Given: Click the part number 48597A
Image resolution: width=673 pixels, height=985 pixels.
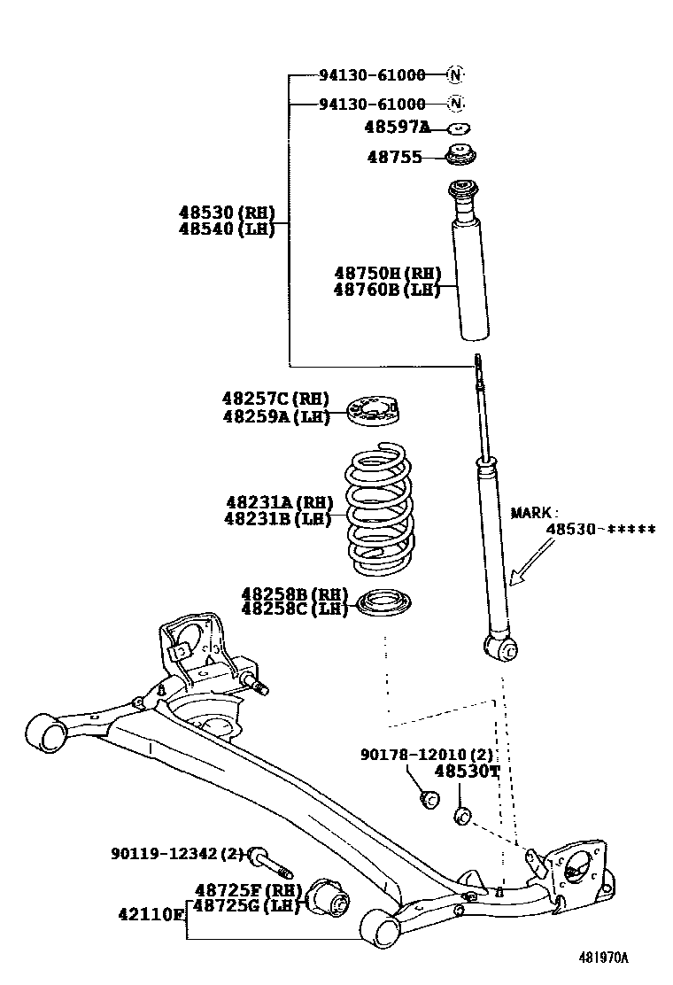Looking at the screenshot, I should pyautogui.click(x=396, y=128).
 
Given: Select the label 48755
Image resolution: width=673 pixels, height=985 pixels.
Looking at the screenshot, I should pyautogui.click(x=394, y=159).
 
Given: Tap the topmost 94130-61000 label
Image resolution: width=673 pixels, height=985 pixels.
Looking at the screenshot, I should pyautogui.click(x=372, y=75).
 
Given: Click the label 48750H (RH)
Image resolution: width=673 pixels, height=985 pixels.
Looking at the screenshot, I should pyautogui.click(x=387, y=274).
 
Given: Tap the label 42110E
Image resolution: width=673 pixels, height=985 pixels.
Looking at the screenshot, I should pyautogui.click(x=151, y=912).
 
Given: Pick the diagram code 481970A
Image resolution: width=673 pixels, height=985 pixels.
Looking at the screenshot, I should pyautogui.click(x=603, y=958).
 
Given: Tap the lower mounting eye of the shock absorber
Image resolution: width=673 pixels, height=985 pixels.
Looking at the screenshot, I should pyautogui.click(x=506, y=648).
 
